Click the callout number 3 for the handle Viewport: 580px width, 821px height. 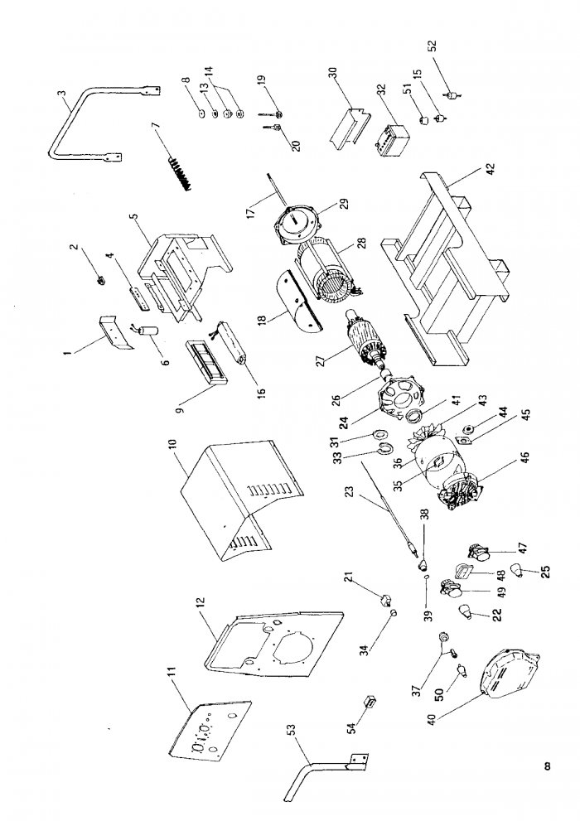(62, 94)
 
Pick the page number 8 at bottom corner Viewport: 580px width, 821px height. (547, 766)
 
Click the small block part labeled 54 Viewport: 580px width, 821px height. (370, 702)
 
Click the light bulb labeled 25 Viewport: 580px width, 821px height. (519, 570)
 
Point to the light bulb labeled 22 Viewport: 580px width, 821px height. (466, 611)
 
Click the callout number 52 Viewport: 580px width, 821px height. (433, 46)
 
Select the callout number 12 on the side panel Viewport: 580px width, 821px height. (202, 605)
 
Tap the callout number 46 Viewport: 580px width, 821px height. (525, 459)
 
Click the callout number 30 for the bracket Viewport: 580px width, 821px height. (333, 73)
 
